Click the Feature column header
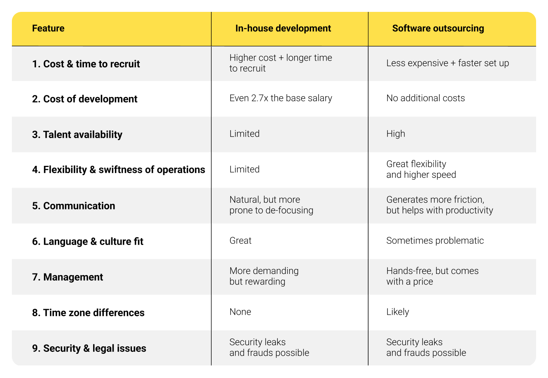48,28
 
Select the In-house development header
283,28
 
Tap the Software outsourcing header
438,28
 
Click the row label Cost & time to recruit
86,64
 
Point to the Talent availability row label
77,135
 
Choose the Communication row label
74,206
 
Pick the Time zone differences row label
88,313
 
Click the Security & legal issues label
89,348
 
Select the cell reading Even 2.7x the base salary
281,98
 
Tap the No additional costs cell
426,98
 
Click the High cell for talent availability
395,134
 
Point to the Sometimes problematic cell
435,241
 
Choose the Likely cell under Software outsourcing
397,312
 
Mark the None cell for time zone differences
240,312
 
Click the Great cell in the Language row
240,241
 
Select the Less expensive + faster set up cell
447,63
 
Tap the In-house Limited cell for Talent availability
244,134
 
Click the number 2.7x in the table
260,98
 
